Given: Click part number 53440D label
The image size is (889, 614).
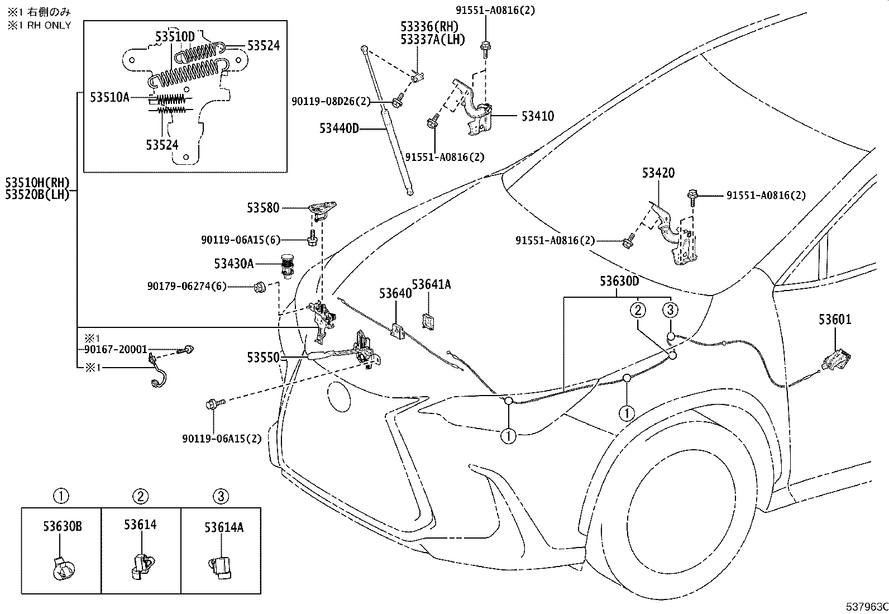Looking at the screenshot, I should point(338,128).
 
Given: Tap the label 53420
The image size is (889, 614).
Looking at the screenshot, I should point(658,173).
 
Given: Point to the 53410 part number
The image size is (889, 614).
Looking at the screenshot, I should point(537,116).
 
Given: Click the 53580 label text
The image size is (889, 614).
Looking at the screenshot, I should point(263,208).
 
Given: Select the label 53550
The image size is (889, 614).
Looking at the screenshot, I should point(263,356).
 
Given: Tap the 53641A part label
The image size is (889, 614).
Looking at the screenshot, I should point(431,284).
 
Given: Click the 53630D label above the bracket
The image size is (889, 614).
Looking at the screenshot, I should point(619,280).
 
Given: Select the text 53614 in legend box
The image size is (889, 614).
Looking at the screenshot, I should point(140,525).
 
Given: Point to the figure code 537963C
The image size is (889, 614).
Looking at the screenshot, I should point(866,607).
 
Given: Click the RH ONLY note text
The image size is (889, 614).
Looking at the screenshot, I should point(39,25).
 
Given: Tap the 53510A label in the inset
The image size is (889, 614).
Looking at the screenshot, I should point(109,97).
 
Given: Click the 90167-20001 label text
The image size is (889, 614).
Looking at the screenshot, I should point(116,349).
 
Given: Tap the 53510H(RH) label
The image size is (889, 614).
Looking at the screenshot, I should point(37,182).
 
